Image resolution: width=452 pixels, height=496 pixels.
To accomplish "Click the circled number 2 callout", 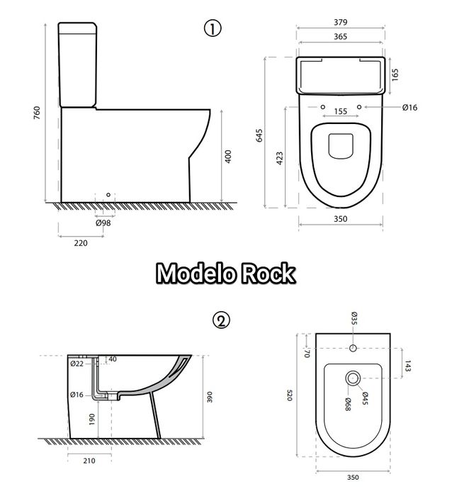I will [x=222, y=320].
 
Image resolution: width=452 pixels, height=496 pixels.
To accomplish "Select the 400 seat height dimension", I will [x=227, y=157].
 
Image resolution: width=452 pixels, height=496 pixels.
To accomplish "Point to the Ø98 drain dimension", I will [x=103, y=222].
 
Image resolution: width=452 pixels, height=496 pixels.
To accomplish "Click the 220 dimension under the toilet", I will [x=81, y=243].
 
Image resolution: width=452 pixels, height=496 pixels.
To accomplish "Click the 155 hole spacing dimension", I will [x=340, y=111].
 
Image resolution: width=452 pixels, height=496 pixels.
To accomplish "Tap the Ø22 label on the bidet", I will [x=77, y=363].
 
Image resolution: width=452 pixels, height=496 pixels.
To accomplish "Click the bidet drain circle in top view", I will [x=352, y=379].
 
